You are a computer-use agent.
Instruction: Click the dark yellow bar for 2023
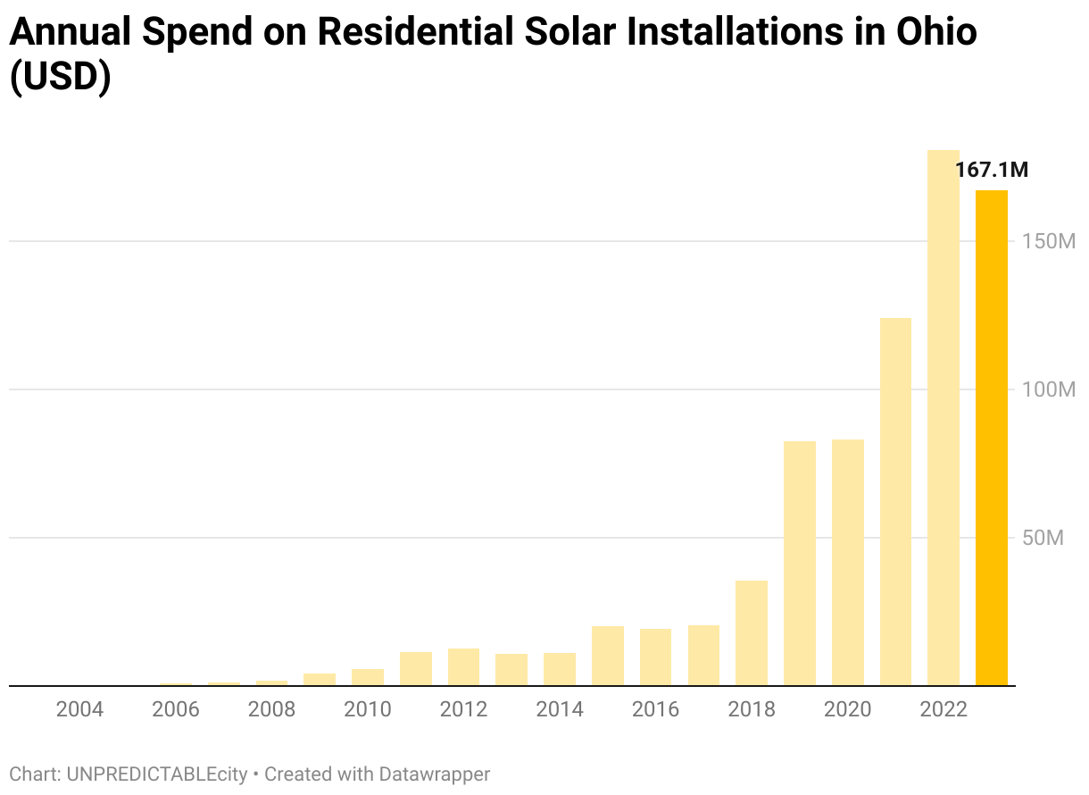click(991, 438)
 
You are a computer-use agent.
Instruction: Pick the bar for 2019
click(800, 564)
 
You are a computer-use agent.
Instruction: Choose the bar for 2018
click(752, 633)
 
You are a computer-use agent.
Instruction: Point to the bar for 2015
click(608, 656)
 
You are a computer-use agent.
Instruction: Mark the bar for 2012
click(463, 667)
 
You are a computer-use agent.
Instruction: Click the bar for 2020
click(848, 563)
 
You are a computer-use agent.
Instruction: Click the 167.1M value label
click(991, 170)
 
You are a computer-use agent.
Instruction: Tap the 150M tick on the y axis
click(1049, 241)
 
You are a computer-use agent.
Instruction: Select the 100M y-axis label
click(1049, 389)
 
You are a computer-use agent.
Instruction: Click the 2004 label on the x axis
click(79, 709)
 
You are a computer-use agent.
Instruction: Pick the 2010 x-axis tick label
click(368, 709)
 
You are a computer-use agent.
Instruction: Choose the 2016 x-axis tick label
click(655, 709)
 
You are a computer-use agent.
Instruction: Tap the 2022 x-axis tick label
click(944, 709)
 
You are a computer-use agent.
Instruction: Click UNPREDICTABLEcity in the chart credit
click(156, 774)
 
